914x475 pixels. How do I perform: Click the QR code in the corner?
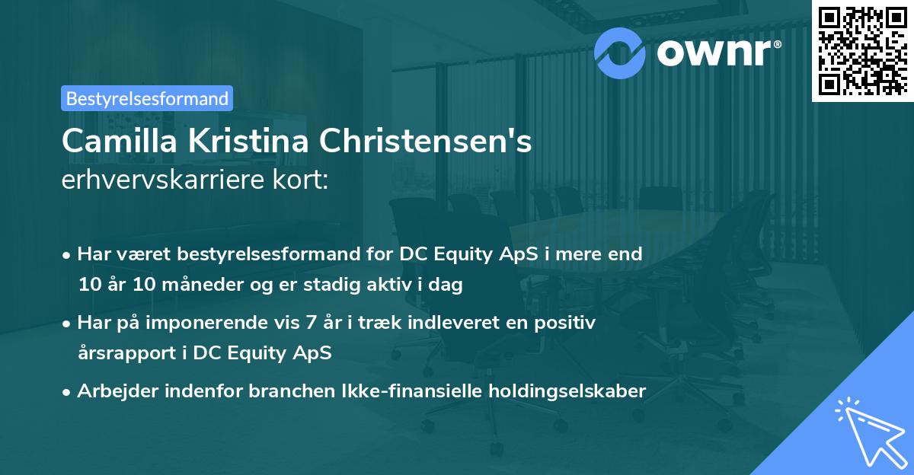coord(862,50)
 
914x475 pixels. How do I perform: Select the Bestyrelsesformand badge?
coord(147,98)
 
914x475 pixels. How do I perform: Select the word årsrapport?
coord(123,354)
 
